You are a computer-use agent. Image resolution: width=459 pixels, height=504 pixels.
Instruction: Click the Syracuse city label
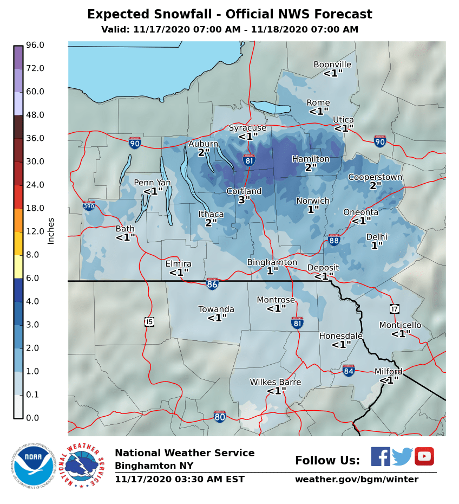(247, 128)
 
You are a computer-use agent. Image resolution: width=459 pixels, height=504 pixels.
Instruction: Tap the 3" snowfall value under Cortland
(244, 200)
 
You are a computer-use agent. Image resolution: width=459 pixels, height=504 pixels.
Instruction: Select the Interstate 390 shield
(89, 206)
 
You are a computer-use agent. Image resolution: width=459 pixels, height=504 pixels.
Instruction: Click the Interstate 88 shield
(334, 240)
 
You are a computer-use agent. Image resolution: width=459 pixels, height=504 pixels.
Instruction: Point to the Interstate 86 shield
(212, 283)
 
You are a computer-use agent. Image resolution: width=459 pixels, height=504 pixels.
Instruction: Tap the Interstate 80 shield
(219, 416)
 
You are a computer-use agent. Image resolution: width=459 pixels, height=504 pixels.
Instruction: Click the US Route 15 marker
(149, 321)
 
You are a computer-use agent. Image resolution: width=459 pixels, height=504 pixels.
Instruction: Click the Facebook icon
(381, 456)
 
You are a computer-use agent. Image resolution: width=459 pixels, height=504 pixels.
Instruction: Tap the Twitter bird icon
(402, 456)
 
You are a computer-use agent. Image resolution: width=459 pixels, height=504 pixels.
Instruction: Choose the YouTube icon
(424, 456)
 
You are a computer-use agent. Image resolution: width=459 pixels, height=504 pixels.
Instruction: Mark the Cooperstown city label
(375, 177)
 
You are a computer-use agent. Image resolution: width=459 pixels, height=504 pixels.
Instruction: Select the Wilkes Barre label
(275, 382)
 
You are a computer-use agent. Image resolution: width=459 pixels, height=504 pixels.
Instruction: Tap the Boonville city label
(332, 64)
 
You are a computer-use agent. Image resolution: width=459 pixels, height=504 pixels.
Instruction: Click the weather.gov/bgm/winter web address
(356, 480)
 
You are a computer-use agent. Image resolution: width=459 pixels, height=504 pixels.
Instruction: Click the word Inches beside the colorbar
(51, 230)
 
